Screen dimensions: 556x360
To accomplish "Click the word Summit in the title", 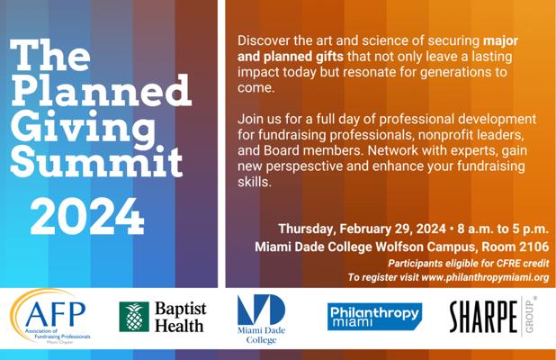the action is click(x=96, y=162).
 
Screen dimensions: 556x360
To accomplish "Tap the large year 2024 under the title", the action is click(x=87, y=216).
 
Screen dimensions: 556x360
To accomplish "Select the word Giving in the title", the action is click(x=83, y=128).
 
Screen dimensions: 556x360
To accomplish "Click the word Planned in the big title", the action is click(x=101, y=90).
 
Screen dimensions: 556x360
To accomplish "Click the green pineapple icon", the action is click(x=134, y=317).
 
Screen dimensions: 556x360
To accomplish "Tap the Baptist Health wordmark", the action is click(x=181, y=317).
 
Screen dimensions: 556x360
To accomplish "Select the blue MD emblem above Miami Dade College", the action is click(x=261, y=310).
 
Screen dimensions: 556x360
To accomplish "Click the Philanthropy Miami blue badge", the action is click(x=375, y=317).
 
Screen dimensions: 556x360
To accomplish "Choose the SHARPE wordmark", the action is click(x=484, y=317).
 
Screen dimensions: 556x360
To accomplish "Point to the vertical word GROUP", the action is click(x=530, y=316).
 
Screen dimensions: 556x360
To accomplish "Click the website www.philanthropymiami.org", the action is click(x=485, y=277).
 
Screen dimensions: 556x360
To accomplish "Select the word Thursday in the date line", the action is click(x=305, y=229).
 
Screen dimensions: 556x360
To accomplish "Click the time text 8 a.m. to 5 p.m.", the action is click(x=503, y=229).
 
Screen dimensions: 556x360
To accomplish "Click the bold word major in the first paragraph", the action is click(x=501, y=41).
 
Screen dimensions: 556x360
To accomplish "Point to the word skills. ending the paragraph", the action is click(x=255, y=182).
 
